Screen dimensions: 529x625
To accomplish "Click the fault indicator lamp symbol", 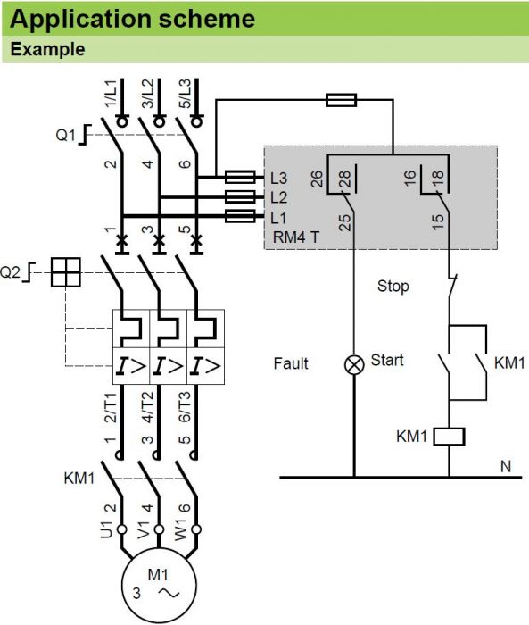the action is pyautogui.click(x=354, y=364).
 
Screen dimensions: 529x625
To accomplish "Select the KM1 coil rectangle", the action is pyautogui.click(x=449, y=437).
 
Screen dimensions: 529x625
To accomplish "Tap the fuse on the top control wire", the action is pyautogui.click(x=342, y=100).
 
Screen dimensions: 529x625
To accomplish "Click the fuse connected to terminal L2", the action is pyautogui.click(x=240, y=197).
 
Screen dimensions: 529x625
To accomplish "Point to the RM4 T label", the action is pyautogui.click(x=296, y=237).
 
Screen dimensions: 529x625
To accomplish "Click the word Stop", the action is pyautogui.click(x=393, y=287).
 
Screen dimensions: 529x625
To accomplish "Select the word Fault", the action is pyautogui.click(x=291, y=363).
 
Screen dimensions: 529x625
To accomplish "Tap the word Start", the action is pyautogui.click(x=387, y=360).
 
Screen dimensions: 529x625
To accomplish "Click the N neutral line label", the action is pyautogui.click(x=506, y=466).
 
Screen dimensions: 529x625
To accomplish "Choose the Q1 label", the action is pyautogui.click(x=65, y=136).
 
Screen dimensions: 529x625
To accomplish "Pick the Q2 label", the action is pyautogui.click(x=10, y=272).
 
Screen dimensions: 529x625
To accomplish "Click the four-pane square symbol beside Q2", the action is pyautogui.click(x=66, y=272).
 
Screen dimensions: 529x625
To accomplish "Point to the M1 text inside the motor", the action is pyautogui.click(x=158, y=575).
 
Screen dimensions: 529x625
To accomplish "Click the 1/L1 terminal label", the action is pyautogui.click(x=112, y=93).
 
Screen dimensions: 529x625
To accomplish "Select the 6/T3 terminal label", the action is pyautogui.click(x=185, y=407).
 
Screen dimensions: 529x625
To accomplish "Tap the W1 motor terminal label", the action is pyautogui.click(x=181, y=529).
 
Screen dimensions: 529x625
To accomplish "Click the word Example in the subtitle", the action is pyautogui.click(x=47, y=49).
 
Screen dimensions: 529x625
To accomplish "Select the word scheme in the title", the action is pyautogui.click(x=207, y=19).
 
